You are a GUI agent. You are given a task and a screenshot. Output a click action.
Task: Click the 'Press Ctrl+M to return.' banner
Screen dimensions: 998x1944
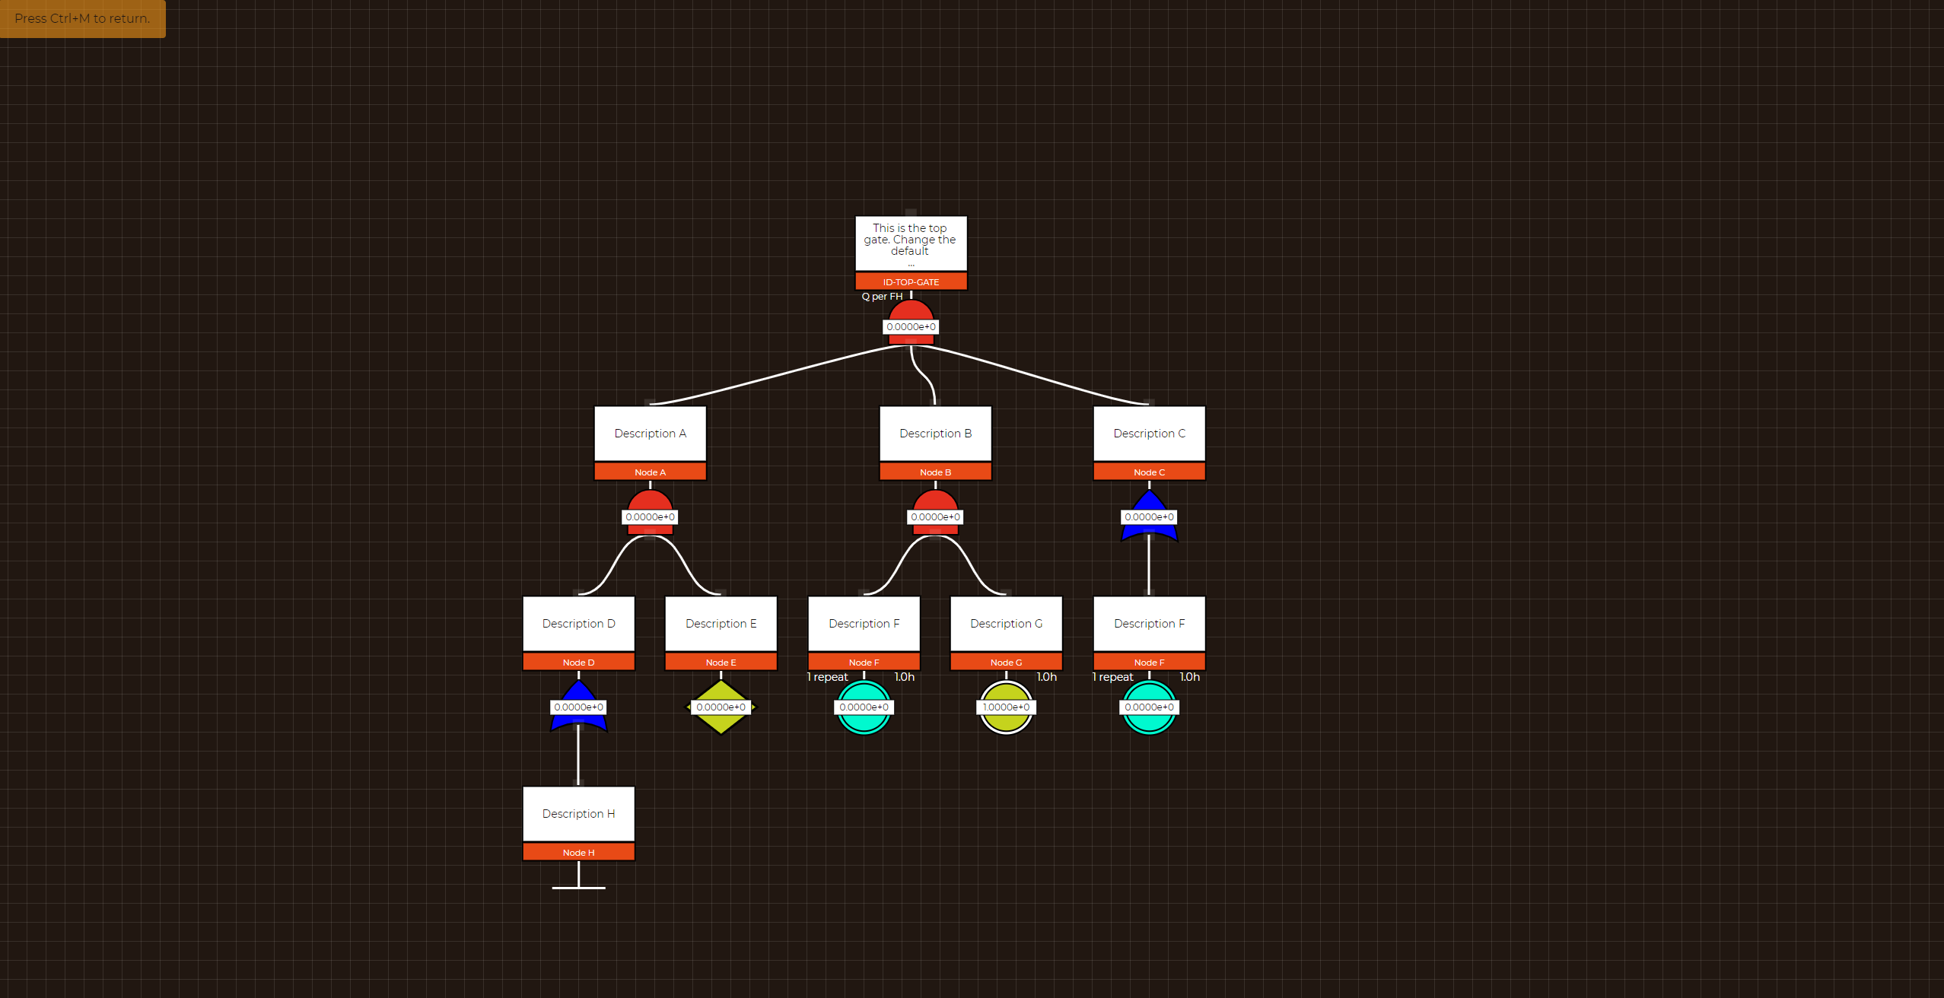point(82,18)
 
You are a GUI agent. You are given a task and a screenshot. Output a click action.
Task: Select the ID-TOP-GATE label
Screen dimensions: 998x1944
point(911,282)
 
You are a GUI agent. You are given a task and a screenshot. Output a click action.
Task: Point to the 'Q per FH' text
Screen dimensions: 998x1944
point(882,297)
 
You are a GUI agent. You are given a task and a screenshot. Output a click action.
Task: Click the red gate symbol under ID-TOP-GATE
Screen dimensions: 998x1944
point(911,311)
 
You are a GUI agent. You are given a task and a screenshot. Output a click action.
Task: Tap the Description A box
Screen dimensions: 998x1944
point(650,433)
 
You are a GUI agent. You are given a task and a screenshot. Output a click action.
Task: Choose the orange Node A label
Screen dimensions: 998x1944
point(650,472)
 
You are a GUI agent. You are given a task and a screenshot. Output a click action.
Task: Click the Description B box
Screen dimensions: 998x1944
point(935,433)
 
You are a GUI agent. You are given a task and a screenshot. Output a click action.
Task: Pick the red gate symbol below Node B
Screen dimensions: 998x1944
point(935,501)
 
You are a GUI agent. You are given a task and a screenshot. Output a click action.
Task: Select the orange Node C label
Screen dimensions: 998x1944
point(1149,472)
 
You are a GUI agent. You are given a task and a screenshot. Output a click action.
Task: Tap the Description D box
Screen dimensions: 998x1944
point(578,623)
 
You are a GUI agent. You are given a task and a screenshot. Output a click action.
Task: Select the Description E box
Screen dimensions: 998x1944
point(721,623)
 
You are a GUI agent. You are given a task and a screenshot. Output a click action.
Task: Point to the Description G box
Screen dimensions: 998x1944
point(1006,623)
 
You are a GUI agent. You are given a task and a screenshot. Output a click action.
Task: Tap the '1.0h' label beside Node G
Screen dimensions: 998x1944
point(1046,677)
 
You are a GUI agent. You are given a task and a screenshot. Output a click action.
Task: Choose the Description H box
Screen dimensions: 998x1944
point(578,813)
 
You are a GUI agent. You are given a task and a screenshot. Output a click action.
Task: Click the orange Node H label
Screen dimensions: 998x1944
point(578,853)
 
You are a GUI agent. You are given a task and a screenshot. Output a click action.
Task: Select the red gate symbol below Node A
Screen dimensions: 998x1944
point(650,501)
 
